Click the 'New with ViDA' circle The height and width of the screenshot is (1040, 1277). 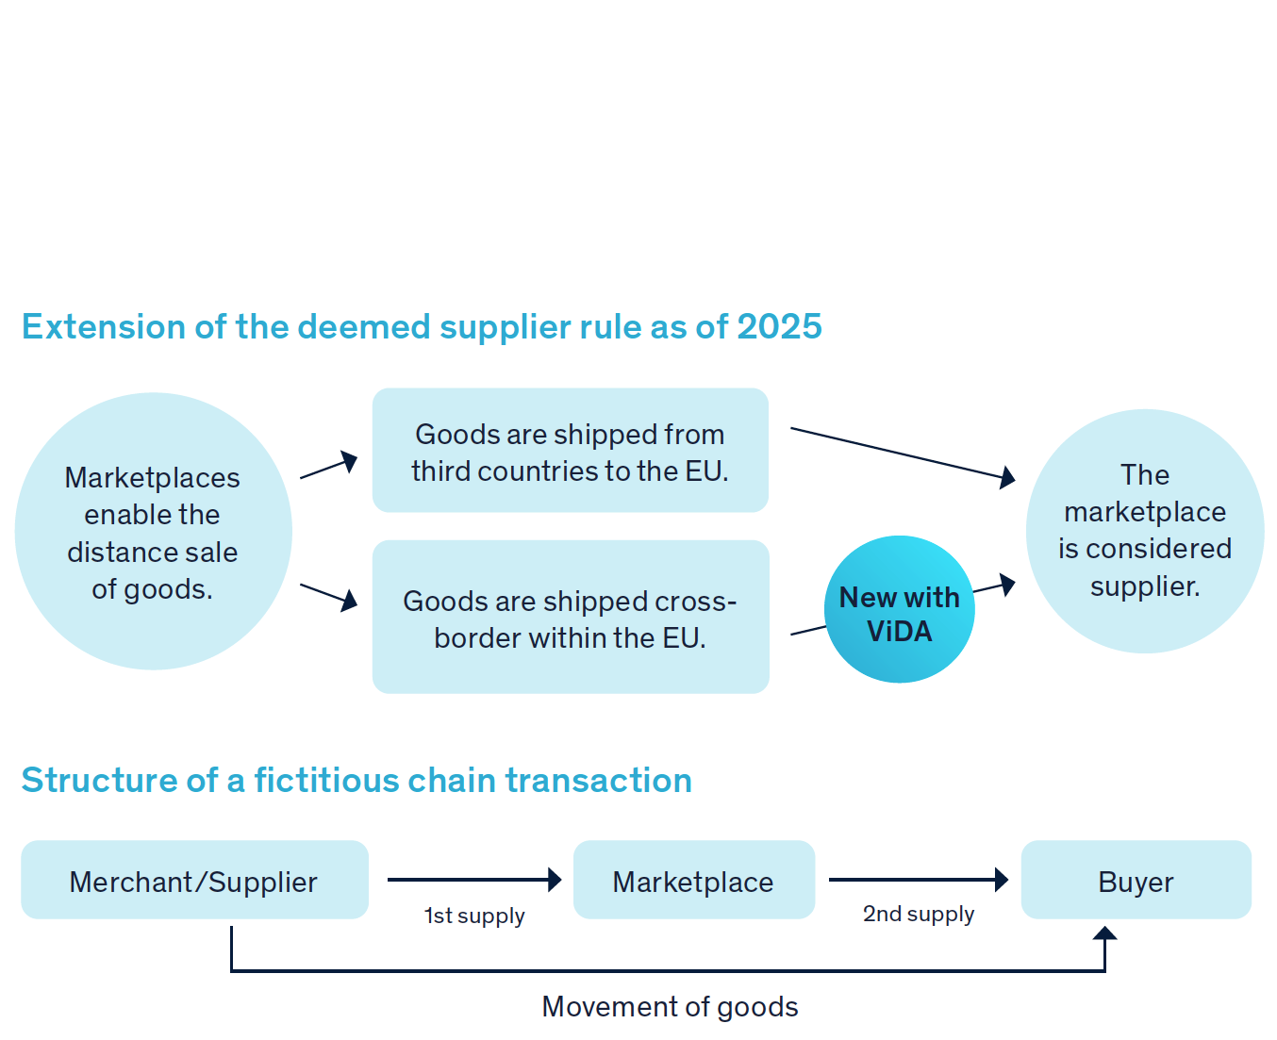(899, 610)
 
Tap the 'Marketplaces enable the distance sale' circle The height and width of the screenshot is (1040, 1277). (153, 532)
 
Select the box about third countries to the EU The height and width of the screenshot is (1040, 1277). (571, 451)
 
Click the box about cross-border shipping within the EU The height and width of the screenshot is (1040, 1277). (571, 618)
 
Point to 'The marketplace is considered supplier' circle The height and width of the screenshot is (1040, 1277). (1144, 531)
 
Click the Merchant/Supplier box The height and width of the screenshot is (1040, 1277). (194, 881)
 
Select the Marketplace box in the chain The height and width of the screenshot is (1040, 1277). (693, 881)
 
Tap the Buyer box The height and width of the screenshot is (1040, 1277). (1136, 881)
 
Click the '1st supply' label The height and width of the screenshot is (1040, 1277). (474, 916)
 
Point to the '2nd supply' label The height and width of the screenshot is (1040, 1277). (918, 914)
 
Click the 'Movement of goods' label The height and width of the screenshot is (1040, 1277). (670, 1006)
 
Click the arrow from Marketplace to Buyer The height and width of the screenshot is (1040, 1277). (918, 880)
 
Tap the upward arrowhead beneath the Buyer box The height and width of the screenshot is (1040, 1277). (1104, 933)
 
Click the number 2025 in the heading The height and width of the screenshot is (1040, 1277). (779, 327)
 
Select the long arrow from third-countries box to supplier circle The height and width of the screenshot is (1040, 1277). (901, 454)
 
